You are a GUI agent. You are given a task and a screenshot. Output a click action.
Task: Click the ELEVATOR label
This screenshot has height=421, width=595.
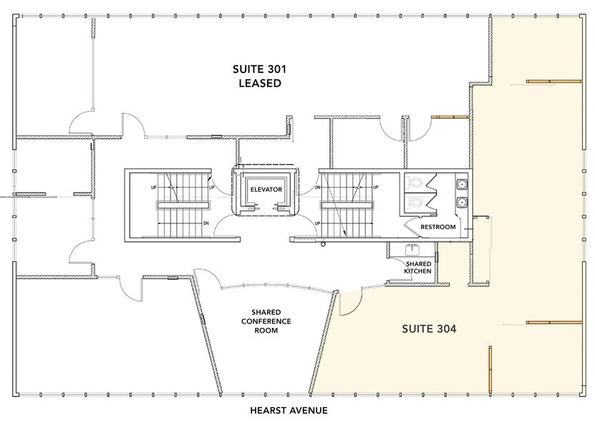click(266, 189)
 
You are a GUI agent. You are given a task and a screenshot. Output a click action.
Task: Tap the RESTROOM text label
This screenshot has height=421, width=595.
click(437, 227)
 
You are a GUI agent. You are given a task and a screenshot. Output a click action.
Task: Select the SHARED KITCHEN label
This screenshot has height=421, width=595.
click(417, 266)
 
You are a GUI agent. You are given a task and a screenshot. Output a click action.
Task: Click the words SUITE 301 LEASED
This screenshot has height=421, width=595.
click(256, 76)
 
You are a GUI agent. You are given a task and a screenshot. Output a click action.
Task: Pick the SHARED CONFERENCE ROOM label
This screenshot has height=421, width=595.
click(265, 321)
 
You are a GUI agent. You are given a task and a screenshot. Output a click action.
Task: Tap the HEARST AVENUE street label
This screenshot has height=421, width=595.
click(289, 410)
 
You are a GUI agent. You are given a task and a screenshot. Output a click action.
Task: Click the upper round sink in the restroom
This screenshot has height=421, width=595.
click(463, 183)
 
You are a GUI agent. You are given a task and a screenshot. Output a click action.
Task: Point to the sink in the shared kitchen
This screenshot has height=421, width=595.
click(413, 251)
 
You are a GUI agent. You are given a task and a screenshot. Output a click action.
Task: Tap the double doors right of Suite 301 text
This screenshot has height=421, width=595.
click(405, 129)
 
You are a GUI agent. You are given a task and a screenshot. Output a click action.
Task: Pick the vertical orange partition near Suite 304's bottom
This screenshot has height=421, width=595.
click(490, 368)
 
